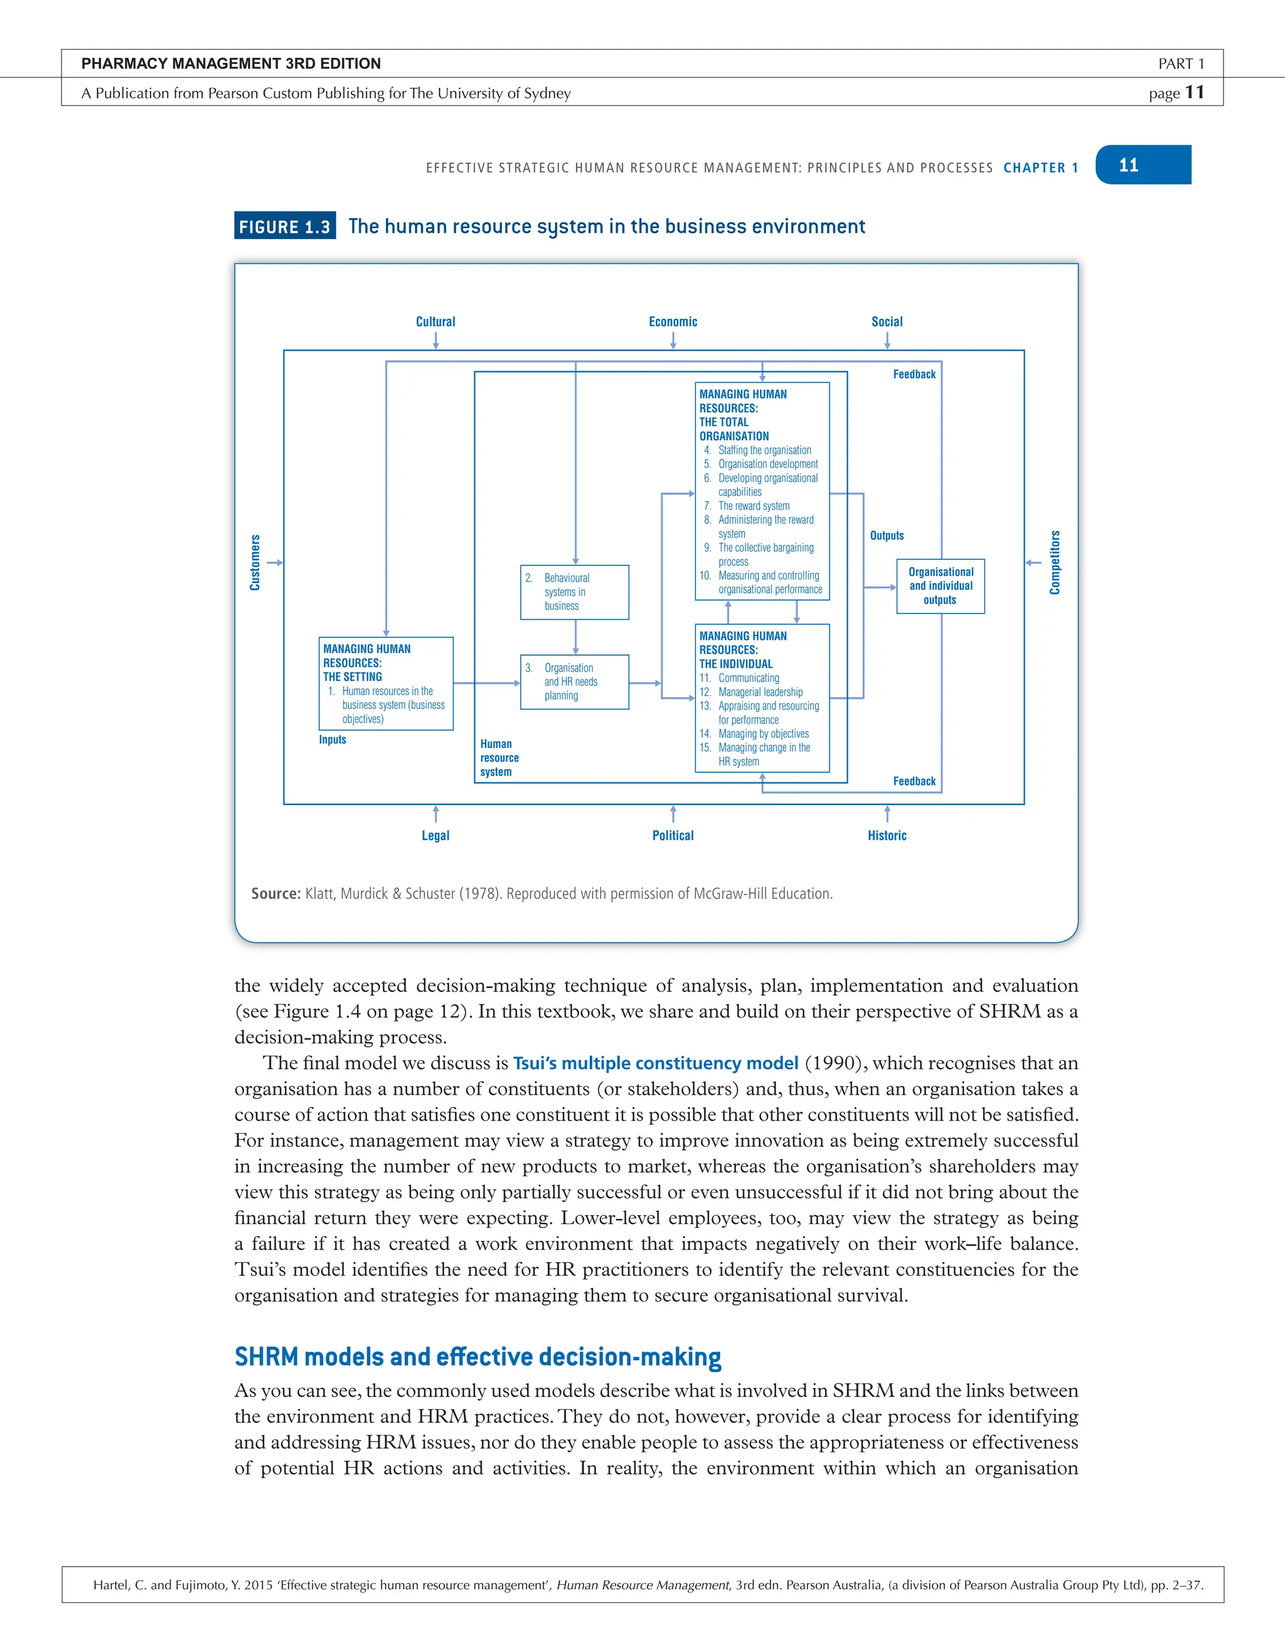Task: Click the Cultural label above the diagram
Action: click(435, 321)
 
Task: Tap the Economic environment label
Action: click(673, 321)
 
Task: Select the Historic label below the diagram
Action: click(887, 835)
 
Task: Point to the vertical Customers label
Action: click(255, 562)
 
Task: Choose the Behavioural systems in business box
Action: click(574, 592)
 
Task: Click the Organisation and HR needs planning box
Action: click(574, 681)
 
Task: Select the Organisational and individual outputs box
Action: click(940, 585)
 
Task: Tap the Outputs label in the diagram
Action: click(887, 536)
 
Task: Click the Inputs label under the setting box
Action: click(332, 740)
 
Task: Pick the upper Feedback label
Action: click(914, 375)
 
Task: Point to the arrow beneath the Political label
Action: click(673, 814)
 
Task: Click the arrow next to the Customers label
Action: click(275, 562)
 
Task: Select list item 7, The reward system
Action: click(754, 506)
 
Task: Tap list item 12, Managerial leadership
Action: click(760, 692)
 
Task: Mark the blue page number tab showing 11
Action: click(1142, 165)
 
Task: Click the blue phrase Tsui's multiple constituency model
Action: click(655, 1063)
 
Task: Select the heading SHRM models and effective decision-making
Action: click(477, 1356)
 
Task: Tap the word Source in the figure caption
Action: click(275, 893)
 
